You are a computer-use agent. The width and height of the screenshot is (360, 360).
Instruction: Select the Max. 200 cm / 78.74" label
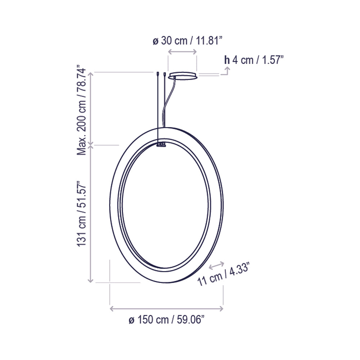[82, 110]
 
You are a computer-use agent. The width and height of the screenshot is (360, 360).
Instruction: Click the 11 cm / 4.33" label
[224, 275]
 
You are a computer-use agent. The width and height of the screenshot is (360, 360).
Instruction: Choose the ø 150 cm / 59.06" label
[167, 319]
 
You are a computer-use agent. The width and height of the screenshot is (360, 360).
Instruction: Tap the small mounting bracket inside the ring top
[161, 144]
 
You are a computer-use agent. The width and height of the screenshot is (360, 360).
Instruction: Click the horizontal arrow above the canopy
[183, 53]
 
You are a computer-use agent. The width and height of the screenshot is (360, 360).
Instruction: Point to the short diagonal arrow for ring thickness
[217, 266]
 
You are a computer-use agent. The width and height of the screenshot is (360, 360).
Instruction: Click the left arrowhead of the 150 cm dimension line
[111, 309]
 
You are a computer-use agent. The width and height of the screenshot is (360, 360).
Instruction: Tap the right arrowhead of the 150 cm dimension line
[221, 309]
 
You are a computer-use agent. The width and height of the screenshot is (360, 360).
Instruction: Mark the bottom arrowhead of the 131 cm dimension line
[91, 280]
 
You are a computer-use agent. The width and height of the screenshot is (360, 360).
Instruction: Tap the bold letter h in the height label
[227, 60]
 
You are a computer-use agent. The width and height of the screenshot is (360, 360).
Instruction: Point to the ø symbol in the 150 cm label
[131, 320]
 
